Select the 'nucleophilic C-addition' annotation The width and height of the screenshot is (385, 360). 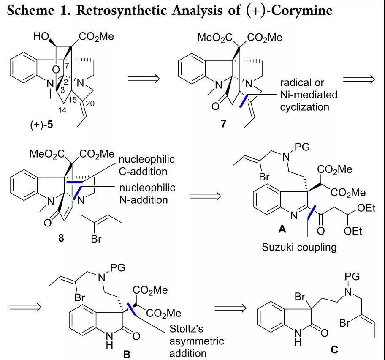[146, 166]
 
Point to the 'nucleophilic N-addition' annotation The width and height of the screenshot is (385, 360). [146, 193]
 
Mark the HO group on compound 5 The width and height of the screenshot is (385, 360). [41, 37]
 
